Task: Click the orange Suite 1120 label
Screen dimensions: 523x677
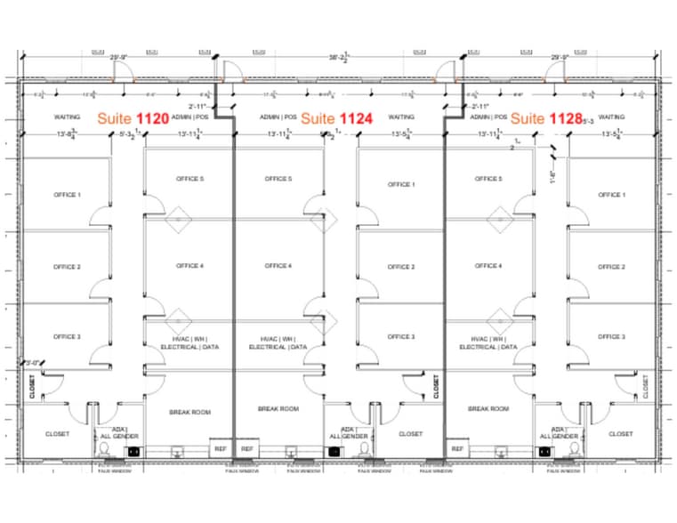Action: point(133,117)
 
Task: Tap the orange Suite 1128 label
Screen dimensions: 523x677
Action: point(546,117)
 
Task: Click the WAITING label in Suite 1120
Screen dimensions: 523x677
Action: point(68,117)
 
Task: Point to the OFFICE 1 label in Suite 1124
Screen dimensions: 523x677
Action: point(401,185)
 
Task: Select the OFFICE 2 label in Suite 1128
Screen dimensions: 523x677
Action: point(611,267)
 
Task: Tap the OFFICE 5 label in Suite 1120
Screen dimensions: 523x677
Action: point(189,179)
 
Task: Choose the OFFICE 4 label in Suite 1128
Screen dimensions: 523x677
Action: point(488,266)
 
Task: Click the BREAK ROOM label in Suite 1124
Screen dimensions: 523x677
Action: point(278,409)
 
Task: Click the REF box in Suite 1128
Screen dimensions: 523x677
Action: point(456,449)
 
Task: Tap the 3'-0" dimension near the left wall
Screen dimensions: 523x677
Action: point(34,362)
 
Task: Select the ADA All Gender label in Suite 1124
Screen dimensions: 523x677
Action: point(349,433)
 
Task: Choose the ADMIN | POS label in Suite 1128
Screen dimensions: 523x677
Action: point(488,117)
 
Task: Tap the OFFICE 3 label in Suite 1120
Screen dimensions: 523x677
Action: point(66,337)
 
